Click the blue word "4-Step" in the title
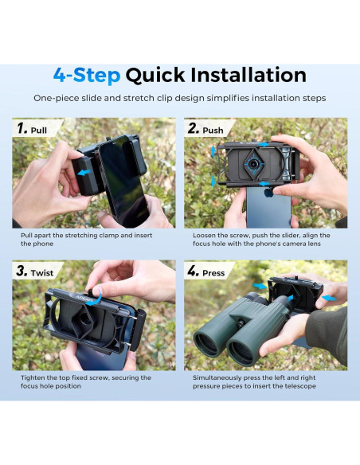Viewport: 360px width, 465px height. pyautogui.click(x=87, y=75)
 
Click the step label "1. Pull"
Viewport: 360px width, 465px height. pyautogui.click(x=32, y=129)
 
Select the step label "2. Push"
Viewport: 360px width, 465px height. pyautogui.click(x=205, y=129)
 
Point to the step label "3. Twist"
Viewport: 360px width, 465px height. pyautogui.click(x=35, y=272)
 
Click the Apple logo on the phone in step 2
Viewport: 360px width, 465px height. pyautogui.click(x=268, y=193)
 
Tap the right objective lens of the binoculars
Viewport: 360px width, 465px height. pyautogui.click(x=241, y=352)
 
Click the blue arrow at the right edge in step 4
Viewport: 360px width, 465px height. pyautogui.click(x=329, y=298)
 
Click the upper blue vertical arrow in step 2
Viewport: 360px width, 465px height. pyautogui.click(x=213, y=152)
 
